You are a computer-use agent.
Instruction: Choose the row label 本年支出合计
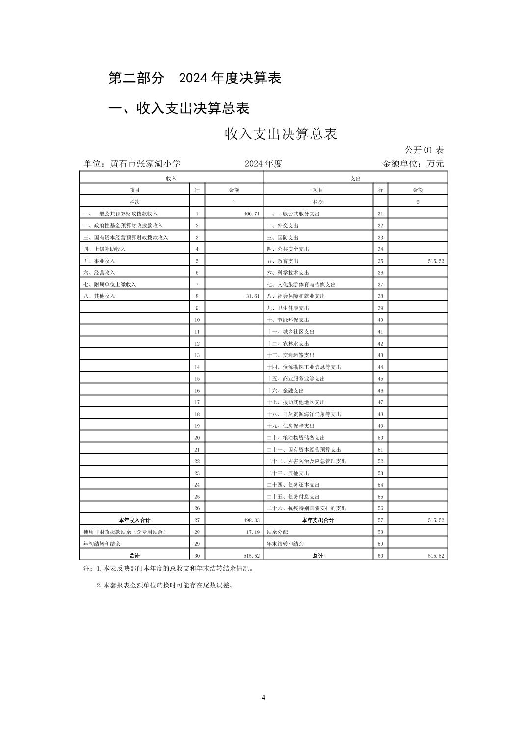point(317,520)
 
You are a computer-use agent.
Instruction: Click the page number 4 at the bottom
point(263,698)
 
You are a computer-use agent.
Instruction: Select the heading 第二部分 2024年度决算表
point(194,78)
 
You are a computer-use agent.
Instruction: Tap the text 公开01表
point(424,150)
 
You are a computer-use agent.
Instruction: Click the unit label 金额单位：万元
point(413,164)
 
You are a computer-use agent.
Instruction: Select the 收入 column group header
point(171,179)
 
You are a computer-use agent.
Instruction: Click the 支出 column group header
point(355,179)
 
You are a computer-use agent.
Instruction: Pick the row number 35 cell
point(380,261)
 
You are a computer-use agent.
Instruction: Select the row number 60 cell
point(380,556)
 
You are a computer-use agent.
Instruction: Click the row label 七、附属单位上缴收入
point(110,285)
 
